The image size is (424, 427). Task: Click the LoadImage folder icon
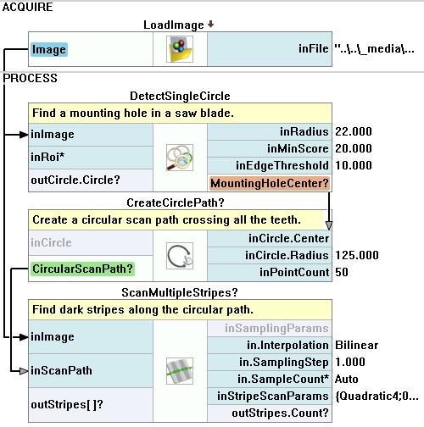point(180,49)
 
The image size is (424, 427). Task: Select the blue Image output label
point(49,49)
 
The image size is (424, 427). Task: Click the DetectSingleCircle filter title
point(180,96)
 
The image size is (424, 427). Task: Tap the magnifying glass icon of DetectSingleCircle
point(180,158)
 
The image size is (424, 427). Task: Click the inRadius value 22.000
point(354,131)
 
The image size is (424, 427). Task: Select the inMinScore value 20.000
point(354,148)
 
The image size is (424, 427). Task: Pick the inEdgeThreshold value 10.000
point(354,165)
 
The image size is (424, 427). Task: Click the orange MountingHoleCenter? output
point(270,183)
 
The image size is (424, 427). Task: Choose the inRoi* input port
point(47,157)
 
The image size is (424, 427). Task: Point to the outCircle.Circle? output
point(75,180)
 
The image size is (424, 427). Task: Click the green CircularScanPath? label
point(82,269)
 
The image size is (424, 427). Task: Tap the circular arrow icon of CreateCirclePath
point(180,256)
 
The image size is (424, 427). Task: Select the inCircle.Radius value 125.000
point(357,255)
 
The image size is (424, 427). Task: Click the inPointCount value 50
point(342,272)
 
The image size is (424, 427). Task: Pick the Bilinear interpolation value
point(356,345)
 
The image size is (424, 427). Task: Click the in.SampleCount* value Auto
point(346,379)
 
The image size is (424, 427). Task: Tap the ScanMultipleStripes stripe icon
point(180,371)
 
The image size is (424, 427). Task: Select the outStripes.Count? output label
point(280,413)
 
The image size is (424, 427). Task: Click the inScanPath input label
point(61,370)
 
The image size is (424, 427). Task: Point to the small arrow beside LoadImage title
point(210,25)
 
